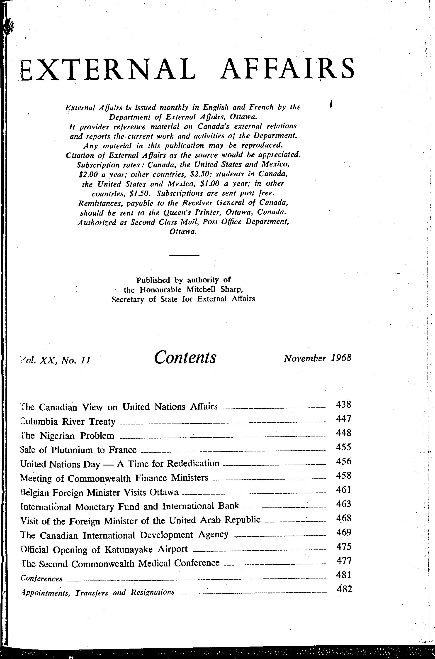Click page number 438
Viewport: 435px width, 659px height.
click(x=343, y=404)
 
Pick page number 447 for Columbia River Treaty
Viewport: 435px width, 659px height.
click(x=343, y=418)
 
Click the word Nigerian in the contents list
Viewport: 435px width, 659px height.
click(x=57, y=436)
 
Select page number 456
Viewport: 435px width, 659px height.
click(x=343, y=461)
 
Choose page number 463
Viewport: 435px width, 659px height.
click(x=343, y=504)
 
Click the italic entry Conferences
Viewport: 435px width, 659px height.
click(x=41, y=578)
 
